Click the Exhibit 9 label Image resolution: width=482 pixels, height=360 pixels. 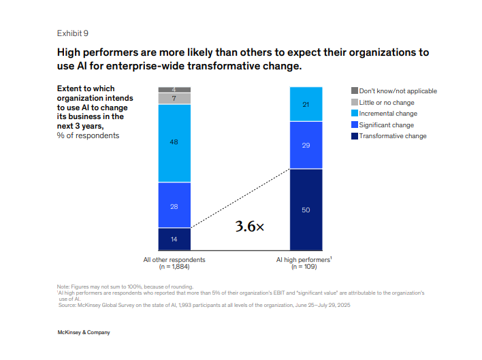72,33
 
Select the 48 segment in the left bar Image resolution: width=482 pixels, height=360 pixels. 174,143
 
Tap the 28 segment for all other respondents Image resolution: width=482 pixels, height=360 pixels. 174,205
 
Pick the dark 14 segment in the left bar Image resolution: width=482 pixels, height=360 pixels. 174,239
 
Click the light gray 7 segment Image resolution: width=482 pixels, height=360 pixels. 174,99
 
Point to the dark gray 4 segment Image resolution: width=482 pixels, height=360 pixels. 174,90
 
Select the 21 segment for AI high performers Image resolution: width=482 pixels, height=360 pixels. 306,104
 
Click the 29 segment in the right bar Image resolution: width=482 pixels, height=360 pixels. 306,145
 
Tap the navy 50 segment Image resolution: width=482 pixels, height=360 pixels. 306,210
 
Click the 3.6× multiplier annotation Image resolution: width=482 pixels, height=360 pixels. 249,227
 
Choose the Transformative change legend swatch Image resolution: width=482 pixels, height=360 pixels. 354,136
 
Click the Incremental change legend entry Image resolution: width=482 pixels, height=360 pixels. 388,114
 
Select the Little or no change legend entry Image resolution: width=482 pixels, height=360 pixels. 387,102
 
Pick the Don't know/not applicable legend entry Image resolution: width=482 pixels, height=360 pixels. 398,91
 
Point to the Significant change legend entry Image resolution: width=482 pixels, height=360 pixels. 386,125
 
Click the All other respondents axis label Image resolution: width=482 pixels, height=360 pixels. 174,259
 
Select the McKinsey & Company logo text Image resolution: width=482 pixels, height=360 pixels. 84,332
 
